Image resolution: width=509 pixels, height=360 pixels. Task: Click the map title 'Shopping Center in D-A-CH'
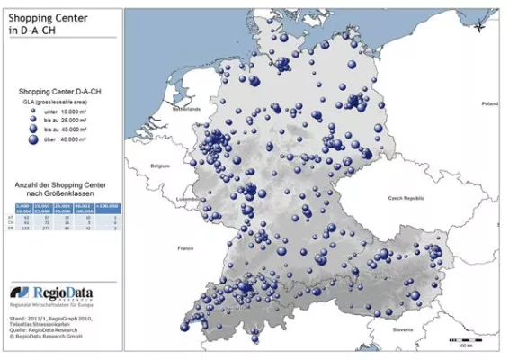45,23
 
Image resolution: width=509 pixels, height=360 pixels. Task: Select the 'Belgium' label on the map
160,166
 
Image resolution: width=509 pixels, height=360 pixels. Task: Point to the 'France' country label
186,247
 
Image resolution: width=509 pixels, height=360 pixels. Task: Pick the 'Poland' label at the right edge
488,104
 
